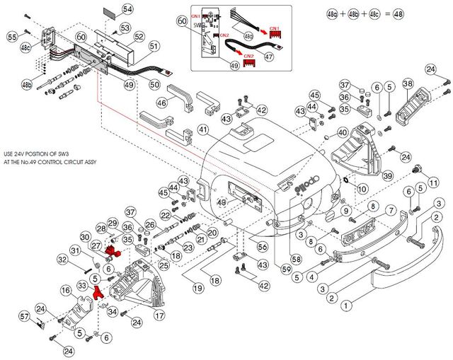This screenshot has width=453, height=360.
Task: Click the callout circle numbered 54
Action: [127, 9]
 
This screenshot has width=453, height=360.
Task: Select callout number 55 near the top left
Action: [12, 36]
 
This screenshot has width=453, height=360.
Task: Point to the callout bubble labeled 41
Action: [203, 129]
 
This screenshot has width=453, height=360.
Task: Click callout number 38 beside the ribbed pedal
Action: [408, 84]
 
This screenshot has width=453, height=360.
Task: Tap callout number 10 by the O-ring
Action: [362, 189]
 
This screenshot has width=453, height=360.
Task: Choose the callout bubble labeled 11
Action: [433, 183]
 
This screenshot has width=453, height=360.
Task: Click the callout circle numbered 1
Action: [345, 306]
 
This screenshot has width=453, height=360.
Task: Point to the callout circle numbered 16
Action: [65, 291]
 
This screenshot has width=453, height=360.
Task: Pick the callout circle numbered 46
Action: [162, 103]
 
